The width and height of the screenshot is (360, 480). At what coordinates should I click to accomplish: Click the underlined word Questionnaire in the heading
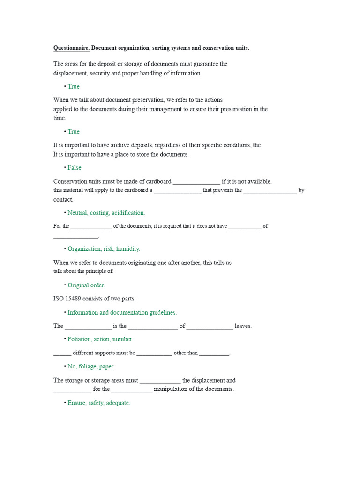[x=71, y=48]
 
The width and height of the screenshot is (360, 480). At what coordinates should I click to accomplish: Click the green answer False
[x=75, y=168]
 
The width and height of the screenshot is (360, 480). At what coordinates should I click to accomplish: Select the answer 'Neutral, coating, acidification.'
[x=106, y=213]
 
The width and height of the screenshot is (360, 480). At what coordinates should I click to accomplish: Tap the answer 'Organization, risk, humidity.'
[x=104, y=249]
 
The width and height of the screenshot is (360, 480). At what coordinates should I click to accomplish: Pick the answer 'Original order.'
[x=86, y=285]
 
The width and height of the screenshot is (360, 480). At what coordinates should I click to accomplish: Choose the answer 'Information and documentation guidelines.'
[x=122, y=312]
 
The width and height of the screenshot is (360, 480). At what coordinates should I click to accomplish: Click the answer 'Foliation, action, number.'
[x=100, y=339]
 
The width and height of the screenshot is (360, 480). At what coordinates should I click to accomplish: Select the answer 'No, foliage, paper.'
[x=91, y=366]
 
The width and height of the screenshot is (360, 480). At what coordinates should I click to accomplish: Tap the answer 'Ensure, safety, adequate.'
[x=99, y=403]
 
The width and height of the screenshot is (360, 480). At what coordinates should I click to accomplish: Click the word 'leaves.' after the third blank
[x=243, y=326]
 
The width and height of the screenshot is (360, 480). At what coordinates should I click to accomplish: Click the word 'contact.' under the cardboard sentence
[x=63, y=200]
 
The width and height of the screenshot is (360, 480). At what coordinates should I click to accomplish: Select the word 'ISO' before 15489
[x=59, y=299]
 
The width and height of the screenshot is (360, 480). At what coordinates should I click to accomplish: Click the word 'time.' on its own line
[x=60, y=118]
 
